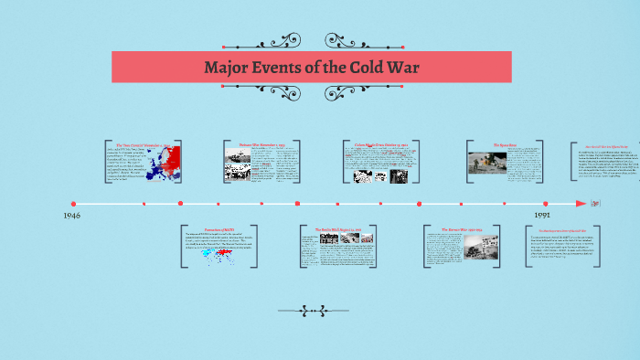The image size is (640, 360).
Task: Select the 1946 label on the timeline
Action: pos(73,216)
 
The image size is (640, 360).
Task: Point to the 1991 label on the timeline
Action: pos(542,216)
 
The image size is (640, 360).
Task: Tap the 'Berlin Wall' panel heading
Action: pos(339,228)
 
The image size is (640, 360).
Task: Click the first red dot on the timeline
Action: pos(73,203)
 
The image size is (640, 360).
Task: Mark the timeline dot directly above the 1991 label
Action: pos(546,203)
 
